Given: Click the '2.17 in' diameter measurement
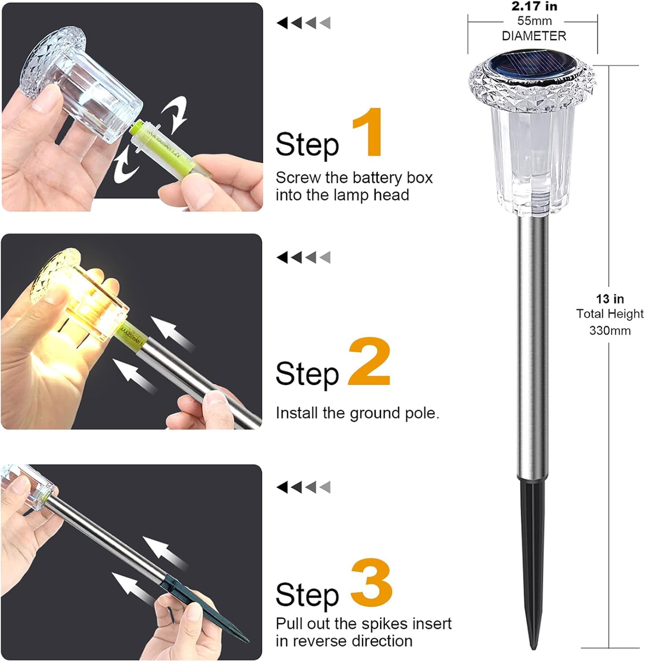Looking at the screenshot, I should (534, 7).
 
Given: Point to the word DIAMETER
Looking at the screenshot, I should (534, 36).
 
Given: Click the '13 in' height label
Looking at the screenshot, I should (610, 299).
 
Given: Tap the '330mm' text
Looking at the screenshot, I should (610, 331).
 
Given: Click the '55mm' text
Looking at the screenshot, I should (534, 21).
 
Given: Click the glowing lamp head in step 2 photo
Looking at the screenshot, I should (84, 305).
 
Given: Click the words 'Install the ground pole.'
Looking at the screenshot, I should (357, 413).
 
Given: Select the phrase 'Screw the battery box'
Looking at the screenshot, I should (354, 178).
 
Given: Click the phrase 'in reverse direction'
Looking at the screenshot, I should (344, 641).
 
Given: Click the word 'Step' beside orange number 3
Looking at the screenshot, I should (307, 595).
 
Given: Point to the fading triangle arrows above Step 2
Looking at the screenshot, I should (304, 257).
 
